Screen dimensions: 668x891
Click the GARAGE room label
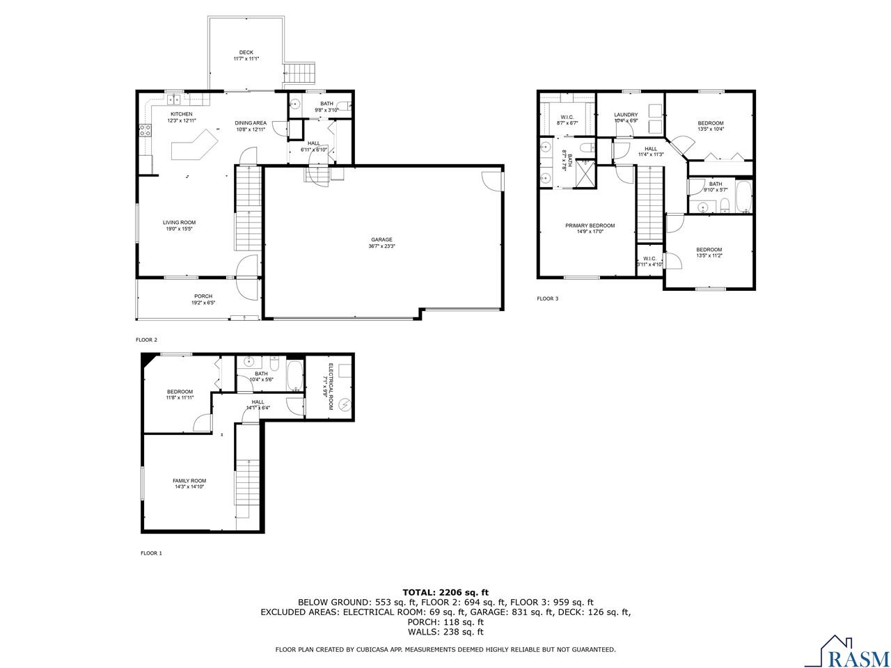381,239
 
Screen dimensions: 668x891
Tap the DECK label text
246,52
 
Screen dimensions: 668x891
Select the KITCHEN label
182,114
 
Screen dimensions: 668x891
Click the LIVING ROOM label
179,223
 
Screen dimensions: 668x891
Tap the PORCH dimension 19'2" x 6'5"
203,303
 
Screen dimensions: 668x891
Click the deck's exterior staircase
301,72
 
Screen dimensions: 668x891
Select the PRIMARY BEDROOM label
590,225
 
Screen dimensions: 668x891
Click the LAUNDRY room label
626,115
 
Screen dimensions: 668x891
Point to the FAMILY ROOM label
189,481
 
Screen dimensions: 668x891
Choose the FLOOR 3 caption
547,299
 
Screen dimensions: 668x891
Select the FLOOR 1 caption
151,553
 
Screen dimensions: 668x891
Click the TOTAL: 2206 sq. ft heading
445,592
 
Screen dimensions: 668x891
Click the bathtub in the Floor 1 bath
294,376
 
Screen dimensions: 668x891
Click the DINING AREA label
251,122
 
